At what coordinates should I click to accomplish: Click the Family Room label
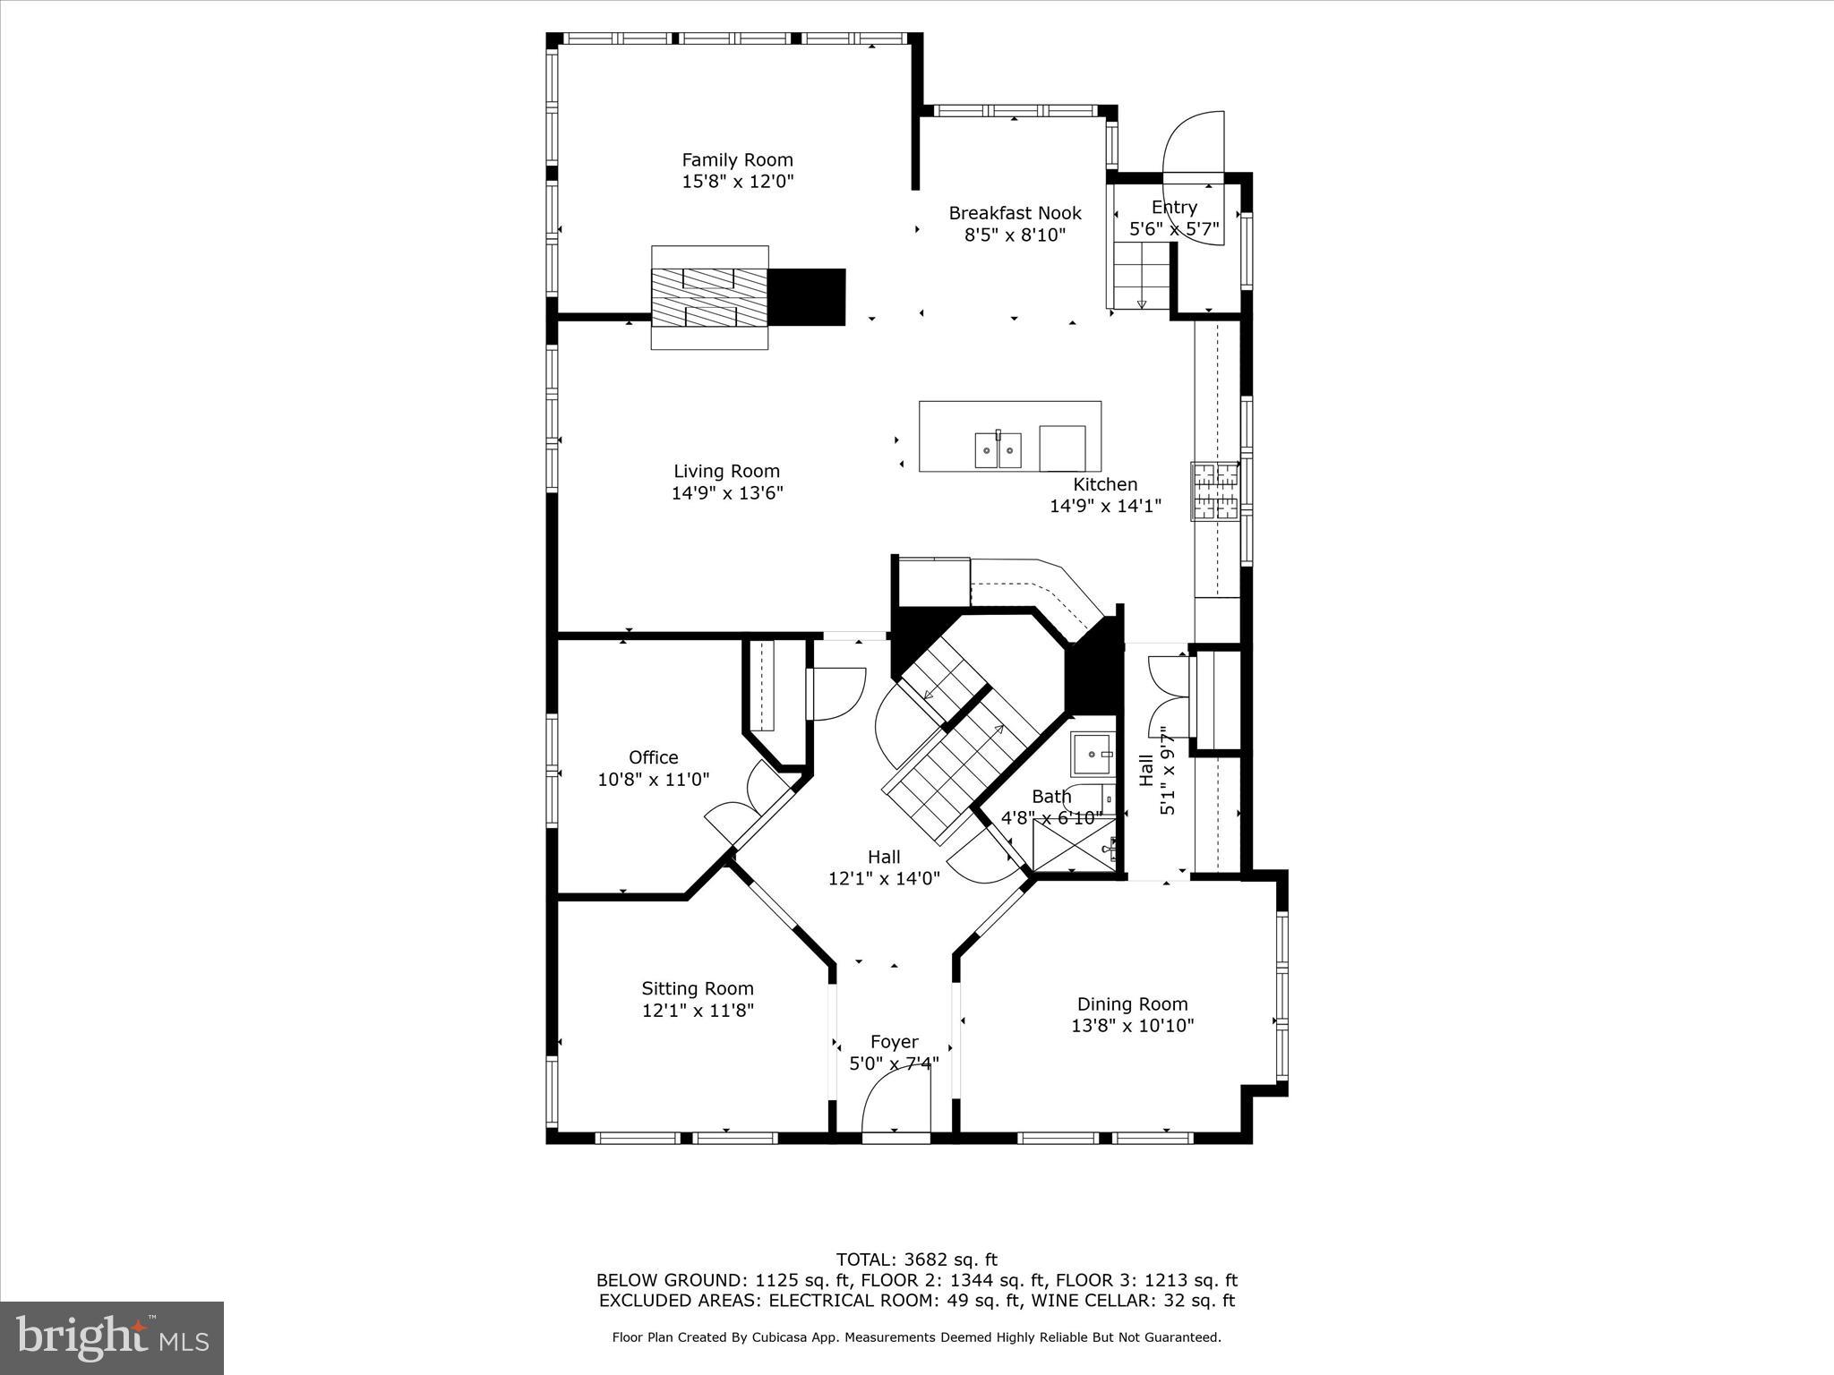(737, 160)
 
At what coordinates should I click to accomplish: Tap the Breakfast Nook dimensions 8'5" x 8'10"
(1015, 235)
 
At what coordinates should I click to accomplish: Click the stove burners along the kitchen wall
(1214, 491)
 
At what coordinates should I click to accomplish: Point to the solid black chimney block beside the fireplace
(807, 297)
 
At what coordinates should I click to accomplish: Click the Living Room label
(726, 471)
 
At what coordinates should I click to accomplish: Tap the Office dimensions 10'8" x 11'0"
(653, 780)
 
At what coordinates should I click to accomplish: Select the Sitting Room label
(698, 988)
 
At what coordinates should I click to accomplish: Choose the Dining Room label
(1132, 1004)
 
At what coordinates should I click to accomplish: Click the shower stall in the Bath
(1075, 844)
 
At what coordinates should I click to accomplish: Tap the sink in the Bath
(1092, 754)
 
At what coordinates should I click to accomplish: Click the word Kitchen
(1105, 484)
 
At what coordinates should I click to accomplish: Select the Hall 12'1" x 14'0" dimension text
(883, 879)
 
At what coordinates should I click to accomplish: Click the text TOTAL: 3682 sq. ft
(916, 1260)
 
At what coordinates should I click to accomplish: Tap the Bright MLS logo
(112, 1337)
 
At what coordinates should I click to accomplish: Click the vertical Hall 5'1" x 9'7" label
(1156, 770)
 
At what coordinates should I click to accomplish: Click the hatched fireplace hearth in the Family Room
(709, 297)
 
